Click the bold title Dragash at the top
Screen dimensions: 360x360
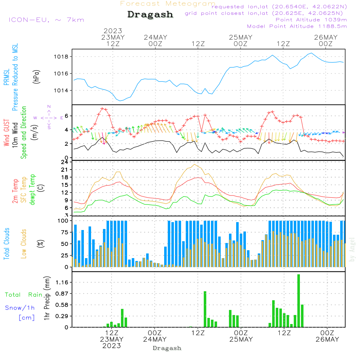pos(150,14)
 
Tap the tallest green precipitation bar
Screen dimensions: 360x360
pos(298,301)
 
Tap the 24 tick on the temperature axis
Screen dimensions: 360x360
pos(65,162)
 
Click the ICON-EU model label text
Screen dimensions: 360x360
pos(46,20)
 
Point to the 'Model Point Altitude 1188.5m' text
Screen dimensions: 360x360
pos(297,26)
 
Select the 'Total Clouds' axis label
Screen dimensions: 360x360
pos(7,244)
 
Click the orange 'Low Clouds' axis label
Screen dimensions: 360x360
pos(24,243)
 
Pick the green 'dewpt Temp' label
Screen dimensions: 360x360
pos(32,190)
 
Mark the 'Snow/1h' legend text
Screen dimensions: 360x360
pos(20,308)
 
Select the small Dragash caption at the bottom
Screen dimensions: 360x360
pos(167,348)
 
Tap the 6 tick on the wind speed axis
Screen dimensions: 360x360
pos(67,116)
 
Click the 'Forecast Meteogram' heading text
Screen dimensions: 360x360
pos(168,4)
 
